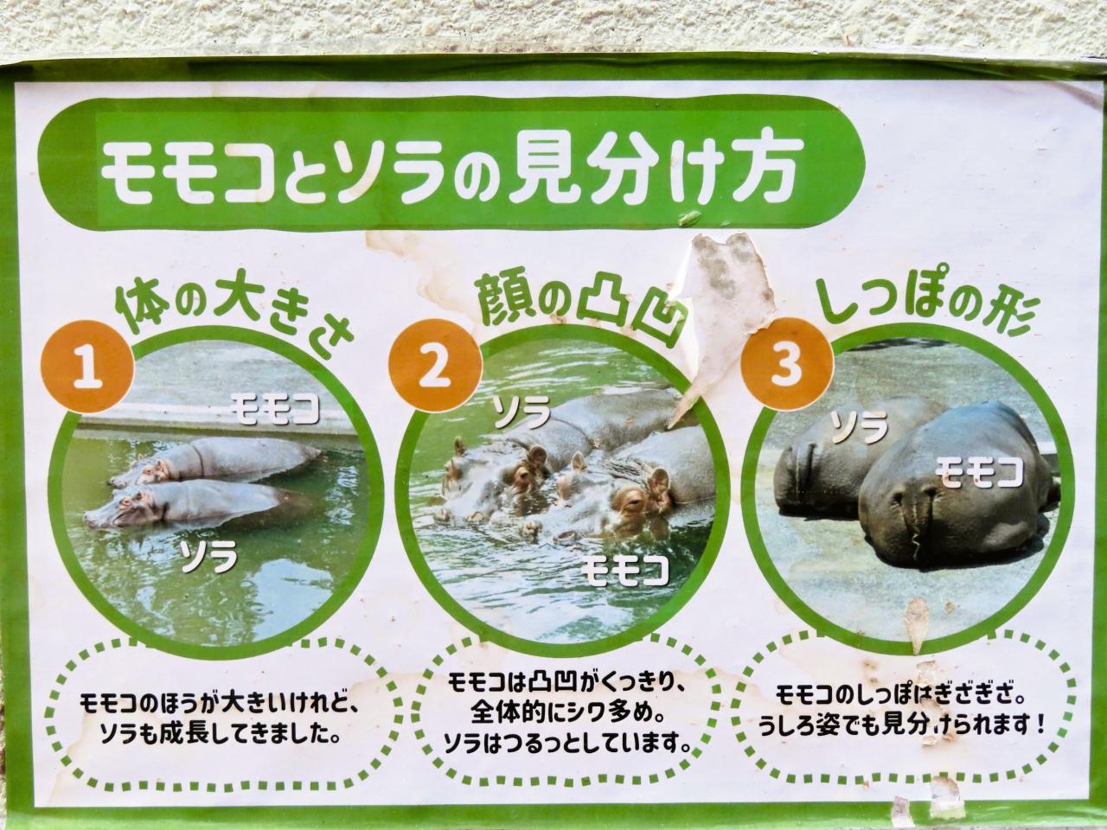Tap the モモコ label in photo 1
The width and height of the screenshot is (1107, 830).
(x=275, y=408)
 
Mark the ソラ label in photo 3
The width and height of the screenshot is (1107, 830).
(x=859, y=427)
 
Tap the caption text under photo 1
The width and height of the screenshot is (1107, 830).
(x=219, y=720)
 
